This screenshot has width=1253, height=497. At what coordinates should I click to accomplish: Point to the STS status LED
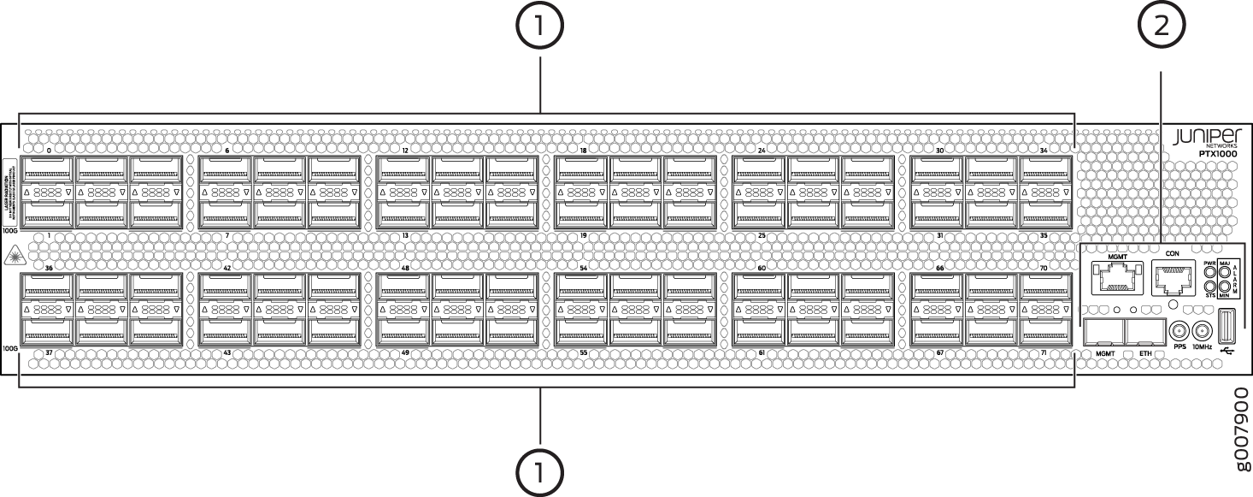coord(1209,288)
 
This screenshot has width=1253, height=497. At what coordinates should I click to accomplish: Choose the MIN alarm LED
coord(1223,288)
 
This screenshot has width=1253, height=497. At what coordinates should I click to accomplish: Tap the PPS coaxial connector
coord(1179,331)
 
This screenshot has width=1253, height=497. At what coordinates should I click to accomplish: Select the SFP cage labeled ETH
coord(1144,332)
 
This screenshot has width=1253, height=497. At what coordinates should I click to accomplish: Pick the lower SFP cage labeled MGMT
coord(1103,332)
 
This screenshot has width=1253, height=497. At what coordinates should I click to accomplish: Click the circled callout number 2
coord(1161,27)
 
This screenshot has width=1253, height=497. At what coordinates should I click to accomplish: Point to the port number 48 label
coord(405,268)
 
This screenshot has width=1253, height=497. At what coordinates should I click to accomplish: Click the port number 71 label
coord(1043,352)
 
